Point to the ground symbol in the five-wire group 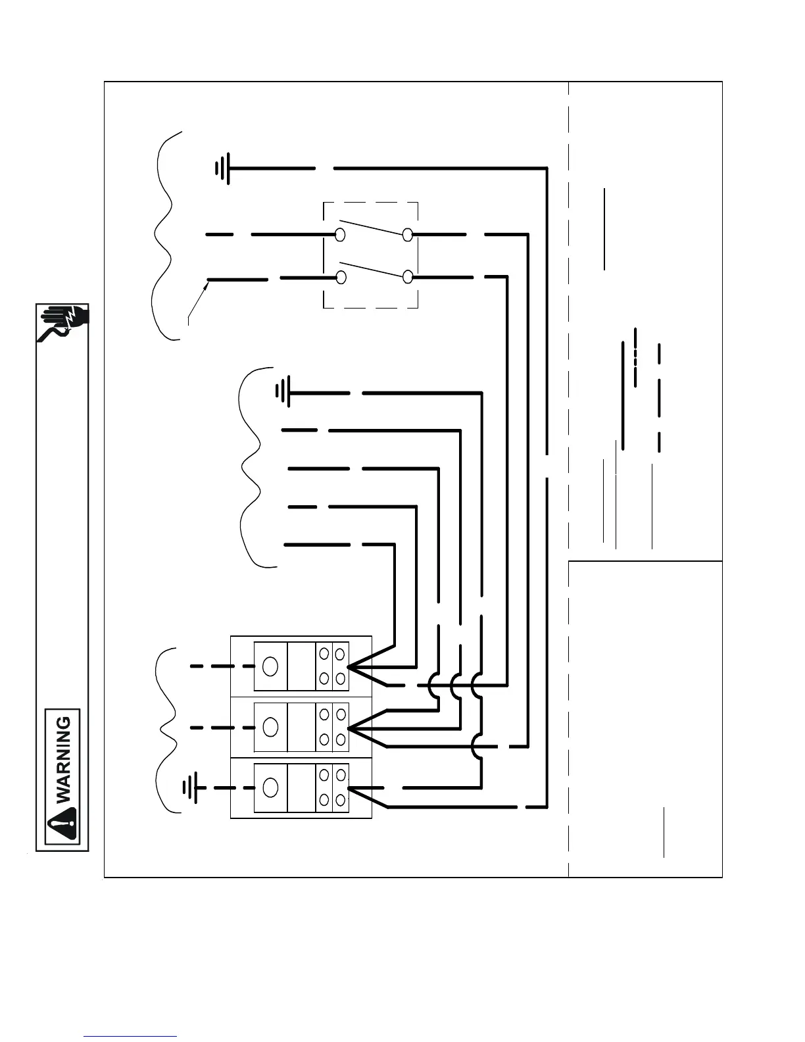[x=282, y=393]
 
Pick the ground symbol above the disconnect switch [x=223, y=168]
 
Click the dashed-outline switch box [x=371, y=255]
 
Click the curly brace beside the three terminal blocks [x=166, y=730]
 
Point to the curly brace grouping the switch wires [x=164, y=235]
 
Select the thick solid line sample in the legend [x=623, y=395]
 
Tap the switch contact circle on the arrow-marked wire [x=341, y=278]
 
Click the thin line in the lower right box [x=664, y=832]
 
